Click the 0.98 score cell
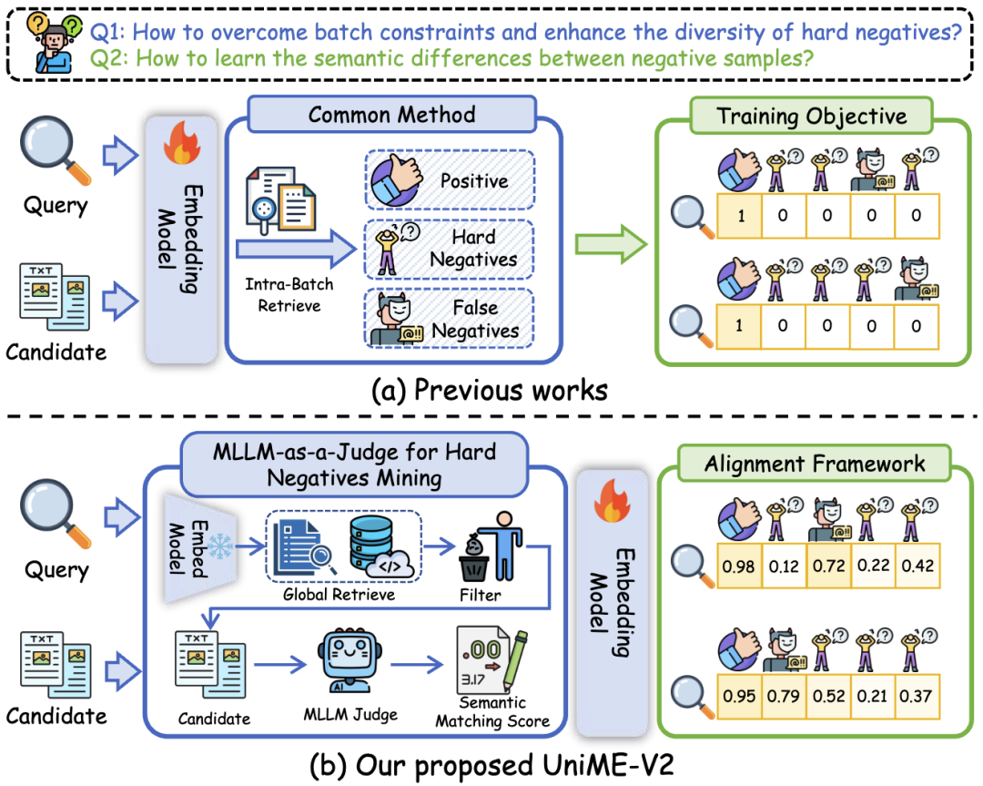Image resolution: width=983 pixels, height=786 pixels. point(738,565)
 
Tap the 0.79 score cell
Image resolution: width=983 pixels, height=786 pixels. point(783,694)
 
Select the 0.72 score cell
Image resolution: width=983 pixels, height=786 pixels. point(827,565)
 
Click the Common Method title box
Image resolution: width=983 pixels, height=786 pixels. point(391,115)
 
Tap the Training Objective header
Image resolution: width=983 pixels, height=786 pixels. point(811,116)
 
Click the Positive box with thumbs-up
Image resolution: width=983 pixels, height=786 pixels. point(450,180)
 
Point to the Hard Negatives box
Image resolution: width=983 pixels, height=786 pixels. point(450,249)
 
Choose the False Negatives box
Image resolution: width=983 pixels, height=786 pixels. point(450,318)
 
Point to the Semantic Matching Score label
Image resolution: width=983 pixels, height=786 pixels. point(492,712)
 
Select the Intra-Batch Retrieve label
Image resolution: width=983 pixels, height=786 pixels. point(289,294)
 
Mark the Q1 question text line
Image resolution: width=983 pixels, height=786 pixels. point(526,34)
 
